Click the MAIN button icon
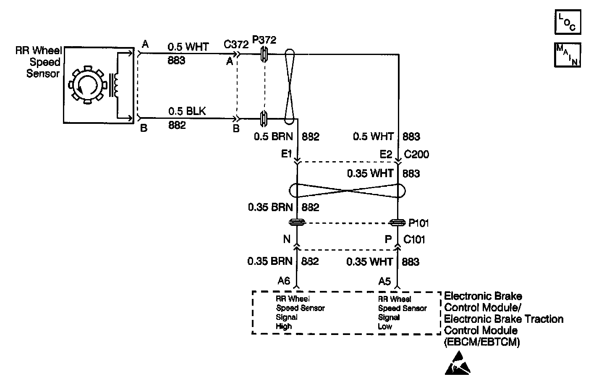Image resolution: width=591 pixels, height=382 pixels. point(567,55)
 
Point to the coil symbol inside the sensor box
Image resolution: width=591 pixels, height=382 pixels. point(115,84)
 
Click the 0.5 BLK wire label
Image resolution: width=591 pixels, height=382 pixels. point(187,111)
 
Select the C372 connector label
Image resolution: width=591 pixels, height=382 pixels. point(235,44)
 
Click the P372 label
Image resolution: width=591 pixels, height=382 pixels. point(264,40)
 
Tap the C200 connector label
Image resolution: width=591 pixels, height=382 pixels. point(416,154)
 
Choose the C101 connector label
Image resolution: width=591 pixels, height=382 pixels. point(414,240)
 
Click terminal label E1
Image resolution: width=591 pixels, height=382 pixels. point(287,154)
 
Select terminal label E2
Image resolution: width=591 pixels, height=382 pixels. point(386,154)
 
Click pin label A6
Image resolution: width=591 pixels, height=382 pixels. point(284,281)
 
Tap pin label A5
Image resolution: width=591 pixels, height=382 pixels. point(384,281)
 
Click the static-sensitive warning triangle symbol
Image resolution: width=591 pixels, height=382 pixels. point(457,363)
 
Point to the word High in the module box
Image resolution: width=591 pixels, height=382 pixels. point(284,326)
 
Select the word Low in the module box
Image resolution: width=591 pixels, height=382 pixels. point(385,326)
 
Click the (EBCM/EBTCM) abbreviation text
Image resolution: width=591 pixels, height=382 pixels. point(482,342)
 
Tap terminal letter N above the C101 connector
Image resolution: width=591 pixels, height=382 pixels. point(287,239)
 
